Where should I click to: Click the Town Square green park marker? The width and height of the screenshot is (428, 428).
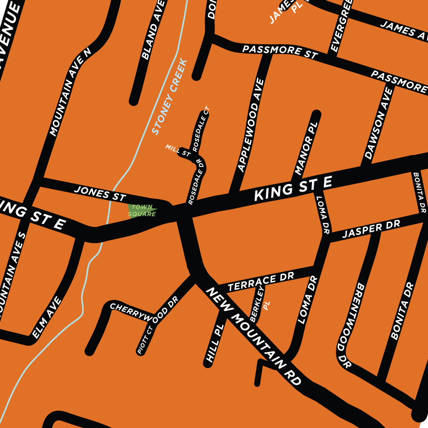pyautogui.click(x=142, y=210)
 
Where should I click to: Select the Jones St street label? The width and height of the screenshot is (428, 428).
pyautogui.click(x=100, y=193)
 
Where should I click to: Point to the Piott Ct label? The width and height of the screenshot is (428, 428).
pyautogui.click(x=145, y=340)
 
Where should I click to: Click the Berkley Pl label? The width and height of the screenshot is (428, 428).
pyautogui.click(x=260, y=304)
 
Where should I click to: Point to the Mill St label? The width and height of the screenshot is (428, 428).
pyautogui.click(x=178, y=151)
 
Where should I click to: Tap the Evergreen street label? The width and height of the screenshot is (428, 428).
pyautogui.click(x=341, y=26)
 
